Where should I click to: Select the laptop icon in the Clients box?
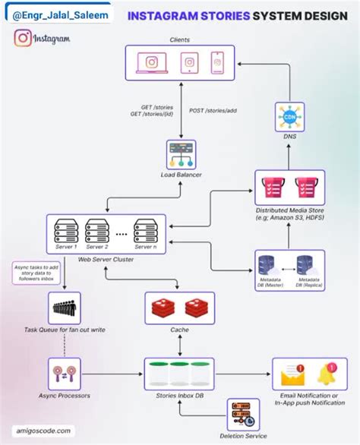[x=151, y=62]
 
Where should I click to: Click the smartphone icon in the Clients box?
[x=218, y=62]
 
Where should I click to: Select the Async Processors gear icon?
[x=64, y=374]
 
